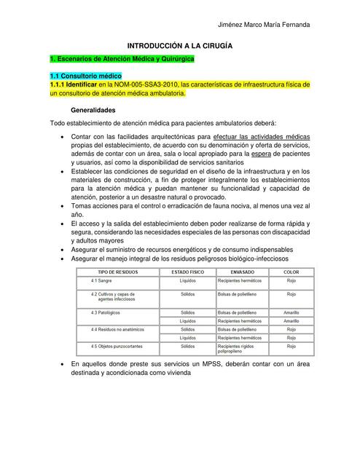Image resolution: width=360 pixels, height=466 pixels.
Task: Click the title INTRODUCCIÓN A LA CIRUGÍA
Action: click(180, 45)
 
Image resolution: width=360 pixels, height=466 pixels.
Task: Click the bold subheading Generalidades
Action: click(92, 110)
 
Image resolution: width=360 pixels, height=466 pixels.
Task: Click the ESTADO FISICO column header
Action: click(187, 271)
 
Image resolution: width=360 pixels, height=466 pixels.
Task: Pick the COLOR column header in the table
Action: click(291, 271)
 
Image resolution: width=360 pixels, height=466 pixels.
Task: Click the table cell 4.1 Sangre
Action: click(102, 280)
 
